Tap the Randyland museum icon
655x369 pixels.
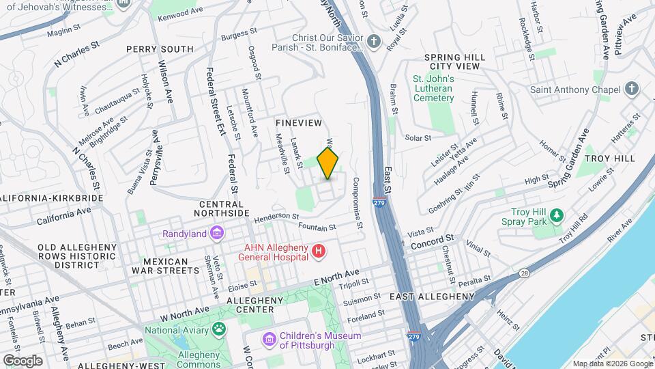217,234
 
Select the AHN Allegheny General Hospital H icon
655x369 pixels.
318,253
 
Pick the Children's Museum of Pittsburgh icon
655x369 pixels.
270,339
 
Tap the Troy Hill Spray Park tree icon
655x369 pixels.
557,216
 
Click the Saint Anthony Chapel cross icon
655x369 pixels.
632,90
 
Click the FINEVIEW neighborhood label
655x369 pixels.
298,122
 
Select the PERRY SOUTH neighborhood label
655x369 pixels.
160,49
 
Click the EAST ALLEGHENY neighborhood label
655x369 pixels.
432,297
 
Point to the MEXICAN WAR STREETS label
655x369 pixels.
166,266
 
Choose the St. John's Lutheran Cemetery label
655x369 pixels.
433,88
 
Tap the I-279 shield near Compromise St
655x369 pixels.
378,203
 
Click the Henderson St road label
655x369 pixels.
276,218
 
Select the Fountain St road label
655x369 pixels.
317,226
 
